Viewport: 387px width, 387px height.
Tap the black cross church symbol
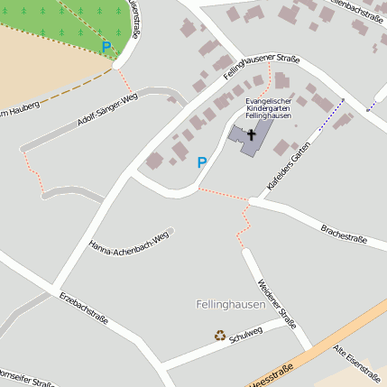251,134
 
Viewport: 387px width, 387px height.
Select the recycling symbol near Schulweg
220,336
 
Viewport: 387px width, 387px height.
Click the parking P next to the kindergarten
202,162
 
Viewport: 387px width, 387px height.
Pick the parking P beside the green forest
106,46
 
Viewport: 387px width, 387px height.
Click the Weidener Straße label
277,303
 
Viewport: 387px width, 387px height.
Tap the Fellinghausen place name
230,305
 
